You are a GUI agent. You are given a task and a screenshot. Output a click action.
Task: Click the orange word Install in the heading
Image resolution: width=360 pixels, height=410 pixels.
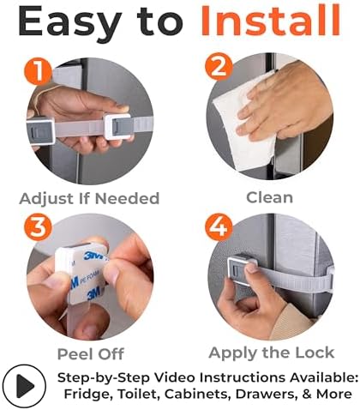tap(271, 21)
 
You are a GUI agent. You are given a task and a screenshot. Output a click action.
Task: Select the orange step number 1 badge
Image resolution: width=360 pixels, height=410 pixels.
tap(38, 70)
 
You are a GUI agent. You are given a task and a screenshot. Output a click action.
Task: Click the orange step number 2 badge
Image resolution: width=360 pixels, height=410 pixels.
tap(219, 66)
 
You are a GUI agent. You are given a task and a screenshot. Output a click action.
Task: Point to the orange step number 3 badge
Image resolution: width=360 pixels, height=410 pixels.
tap(38, 227)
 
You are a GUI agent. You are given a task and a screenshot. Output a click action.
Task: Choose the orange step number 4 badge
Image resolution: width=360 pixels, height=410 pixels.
tap(219, 227)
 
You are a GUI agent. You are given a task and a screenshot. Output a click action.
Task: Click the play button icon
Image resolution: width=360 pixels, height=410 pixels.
tap(24, 385)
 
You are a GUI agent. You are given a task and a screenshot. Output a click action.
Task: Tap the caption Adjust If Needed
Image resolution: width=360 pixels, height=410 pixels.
tap(89, 198)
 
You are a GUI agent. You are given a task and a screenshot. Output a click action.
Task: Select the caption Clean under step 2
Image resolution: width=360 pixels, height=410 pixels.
tap(270, 197)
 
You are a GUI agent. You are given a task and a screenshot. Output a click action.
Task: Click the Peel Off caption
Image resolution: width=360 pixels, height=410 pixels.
tap(91, 354)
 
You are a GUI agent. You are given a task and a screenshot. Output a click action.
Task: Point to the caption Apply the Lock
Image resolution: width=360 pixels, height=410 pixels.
tap(272, 353)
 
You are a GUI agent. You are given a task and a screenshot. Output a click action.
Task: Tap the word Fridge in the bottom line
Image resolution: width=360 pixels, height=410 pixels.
tap(87, 394)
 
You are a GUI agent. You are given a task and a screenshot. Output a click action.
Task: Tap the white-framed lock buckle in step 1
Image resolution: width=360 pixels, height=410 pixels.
tap(118, 126)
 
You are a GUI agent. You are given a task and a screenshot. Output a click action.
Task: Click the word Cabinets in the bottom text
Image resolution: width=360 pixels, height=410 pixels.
tap(196, 394)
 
